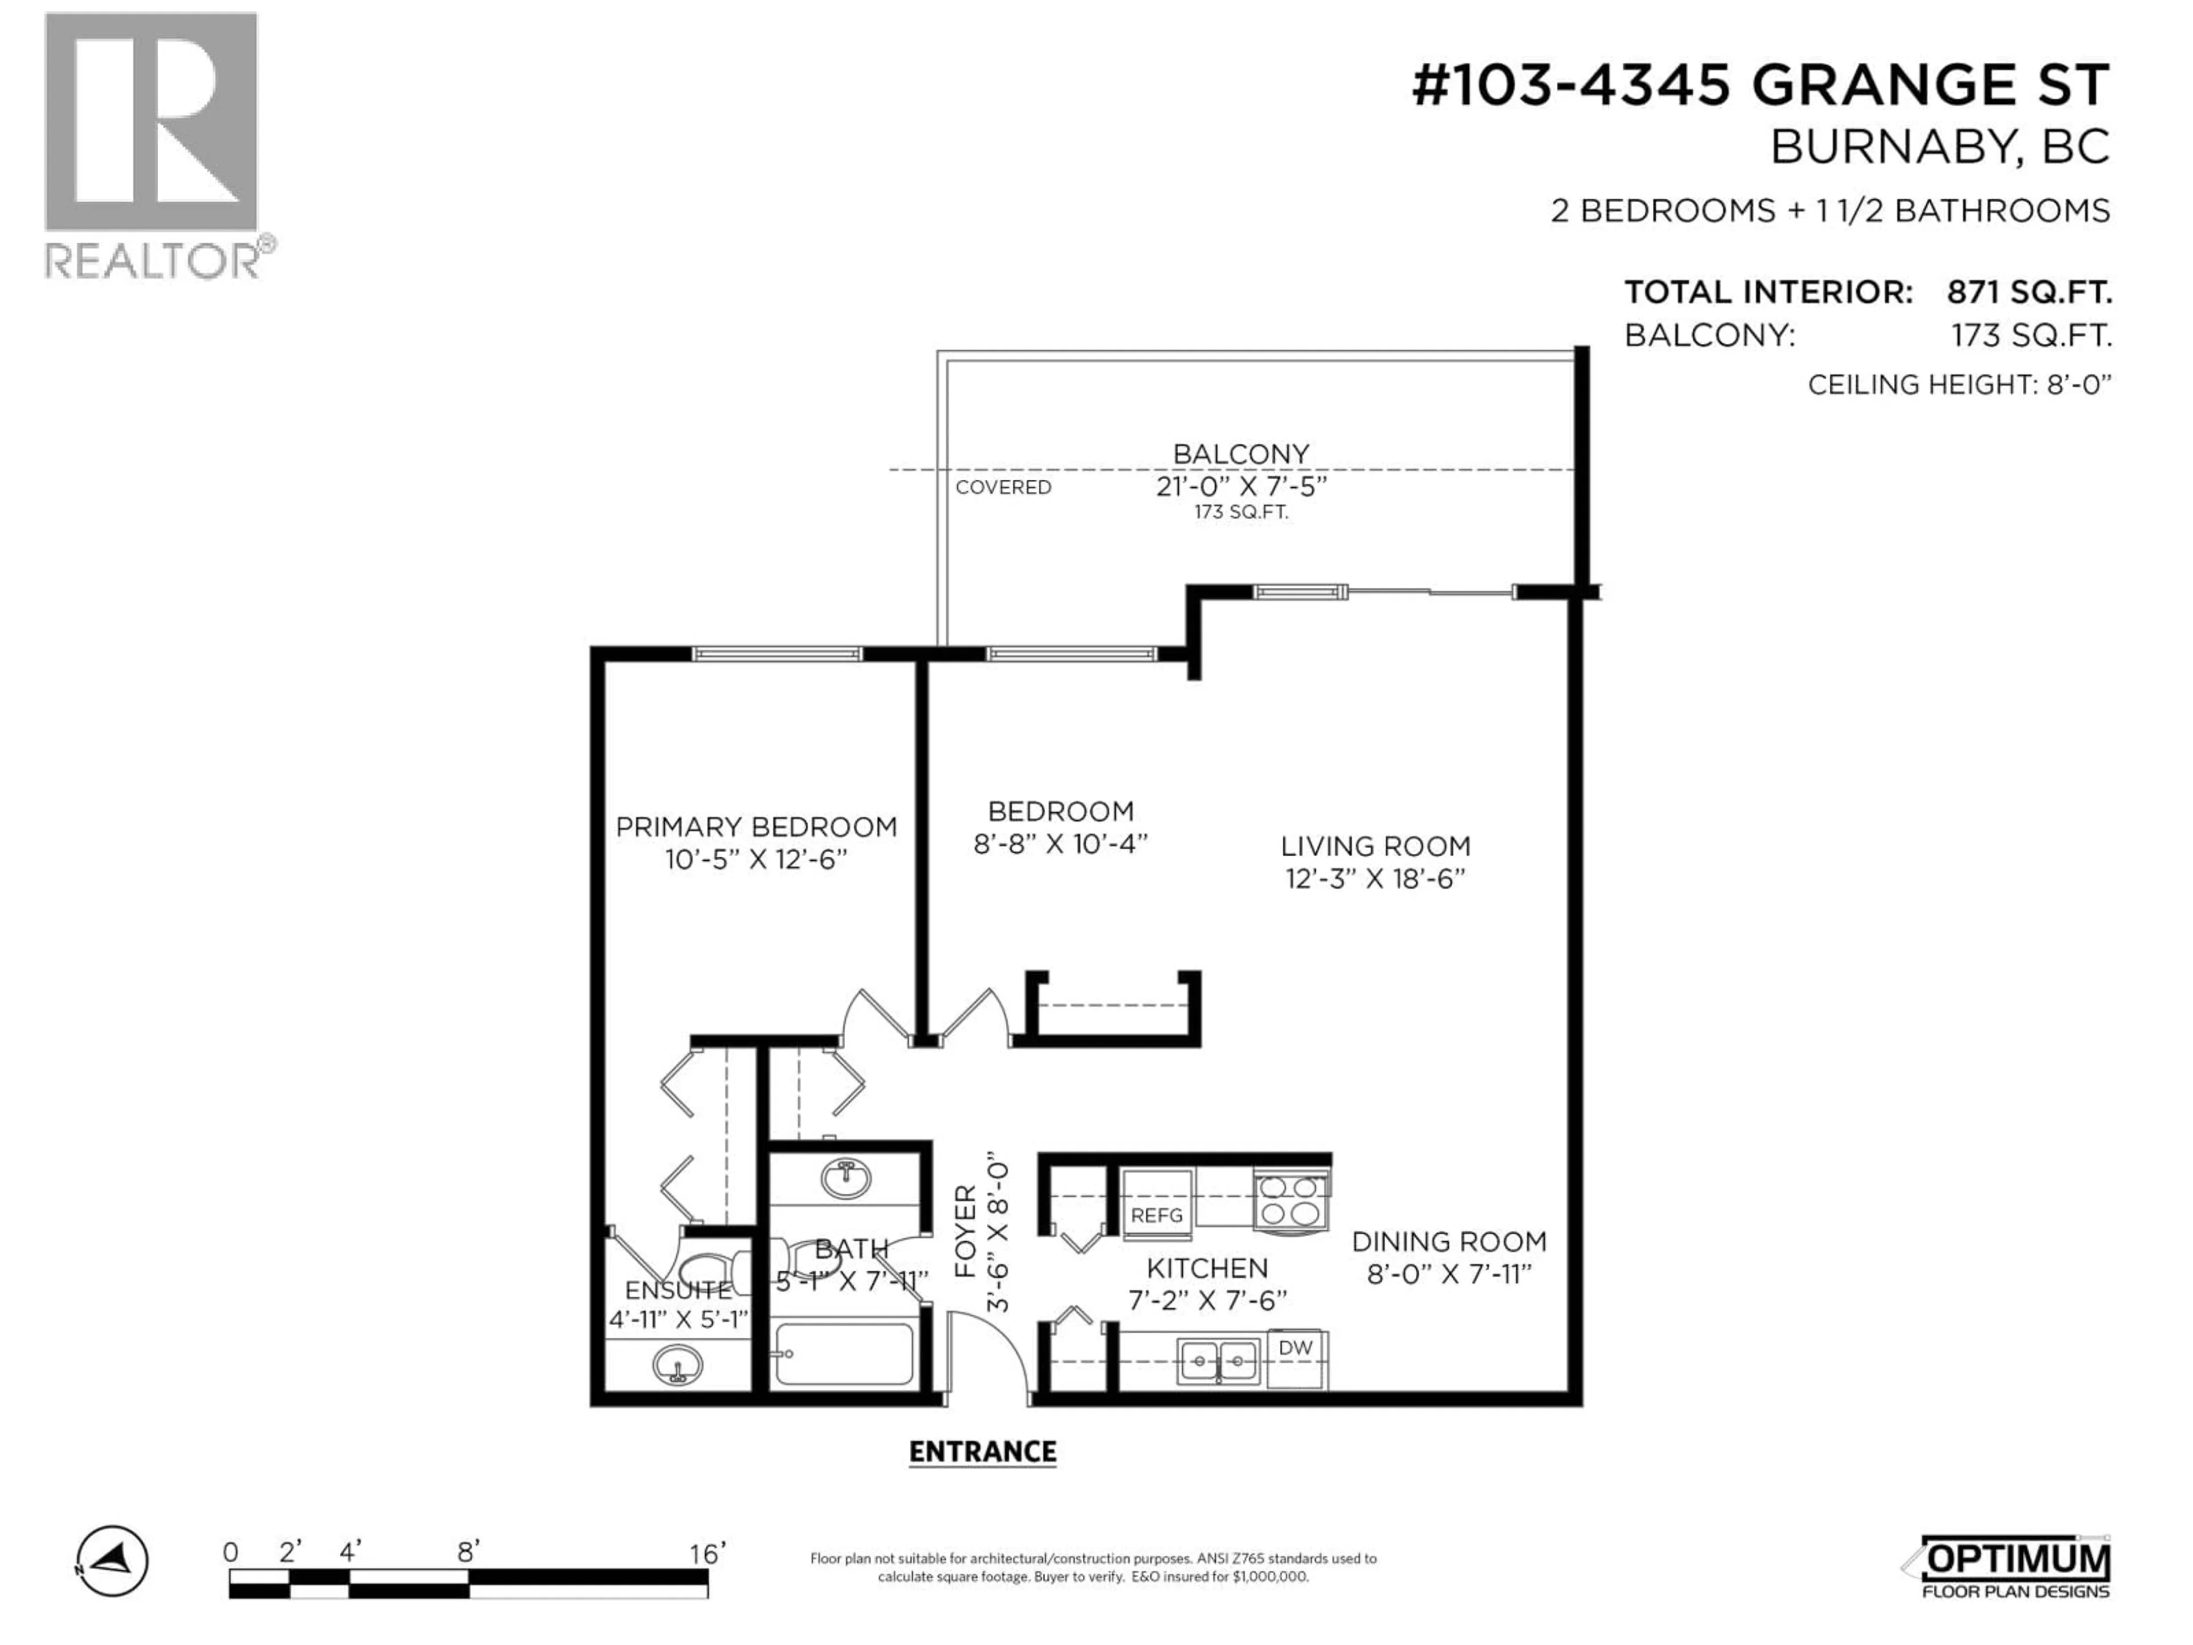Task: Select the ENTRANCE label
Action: [x=982, y=1451]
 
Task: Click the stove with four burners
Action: [x=1291, y=1201]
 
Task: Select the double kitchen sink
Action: [x=1219, y=1362]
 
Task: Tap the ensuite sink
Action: [x=678, y=1365]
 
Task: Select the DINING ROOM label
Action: [x=1448, y=1241]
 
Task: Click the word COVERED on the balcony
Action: [x=1003, y=487]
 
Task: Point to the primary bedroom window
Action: [x=776, y=653]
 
